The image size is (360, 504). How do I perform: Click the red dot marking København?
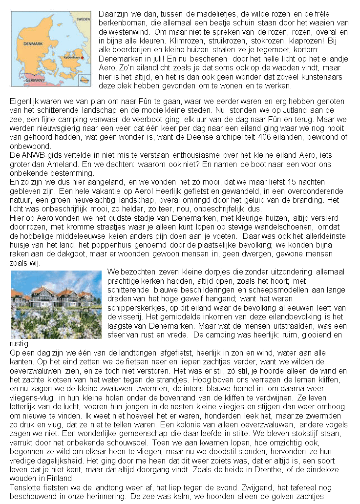tap(83, 58)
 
